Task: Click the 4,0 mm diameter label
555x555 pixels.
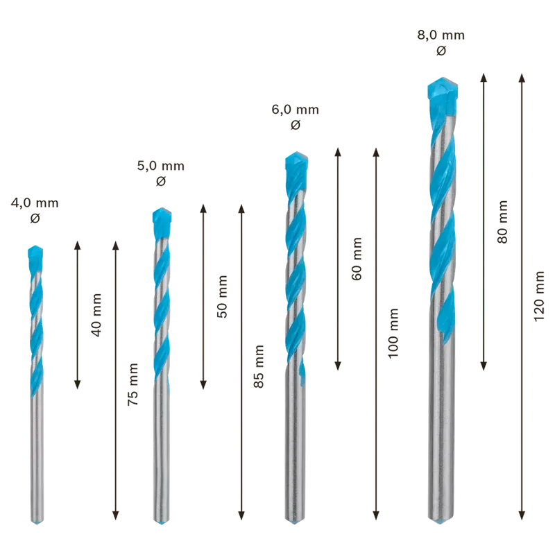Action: tap(35, 203)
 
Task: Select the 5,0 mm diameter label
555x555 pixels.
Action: tap(161, 166)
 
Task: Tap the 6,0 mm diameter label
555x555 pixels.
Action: tap(296, 110)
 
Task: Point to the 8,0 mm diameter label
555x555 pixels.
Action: tap(441, 35)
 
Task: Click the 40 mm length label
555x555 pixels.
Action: tap(96, 315)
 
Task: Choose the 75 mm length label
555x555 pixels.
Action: tap(133, 384)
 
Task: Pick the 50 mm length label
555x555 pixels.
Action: tap(222, 297)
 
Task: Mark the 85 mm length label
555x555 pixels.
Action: tap(259, 366)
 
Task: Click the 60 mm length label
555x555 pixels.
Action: tap(357, 259)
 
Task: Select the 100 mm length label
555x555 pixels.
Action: tap(393, 334)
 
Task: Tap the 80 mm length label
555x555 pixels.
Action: tap(502, 221)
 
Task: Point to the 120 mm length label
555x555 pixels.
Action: tap(539, 296)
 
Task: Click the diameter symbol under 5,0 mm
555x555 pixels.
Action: tap(161, 181)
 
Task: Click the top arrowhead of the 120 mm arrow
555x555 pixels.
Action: tap(522, 77)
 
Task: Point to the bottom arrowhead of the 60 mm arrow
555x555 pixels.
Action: tap(338, 366)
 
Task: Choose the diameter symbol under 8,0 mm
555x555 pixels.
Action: tap(441, 51)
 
